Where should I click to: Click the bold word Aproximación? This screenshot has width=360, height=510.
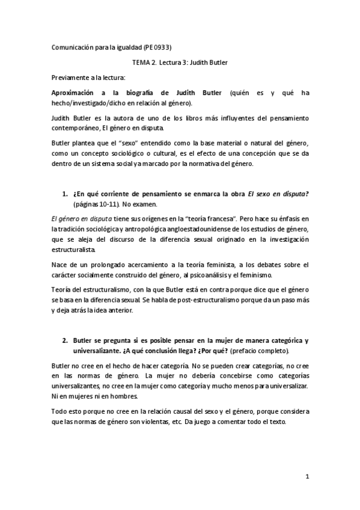tap(76, 94)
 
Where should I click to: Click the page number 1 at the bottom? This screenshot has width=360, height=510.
tap(307, 478)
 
